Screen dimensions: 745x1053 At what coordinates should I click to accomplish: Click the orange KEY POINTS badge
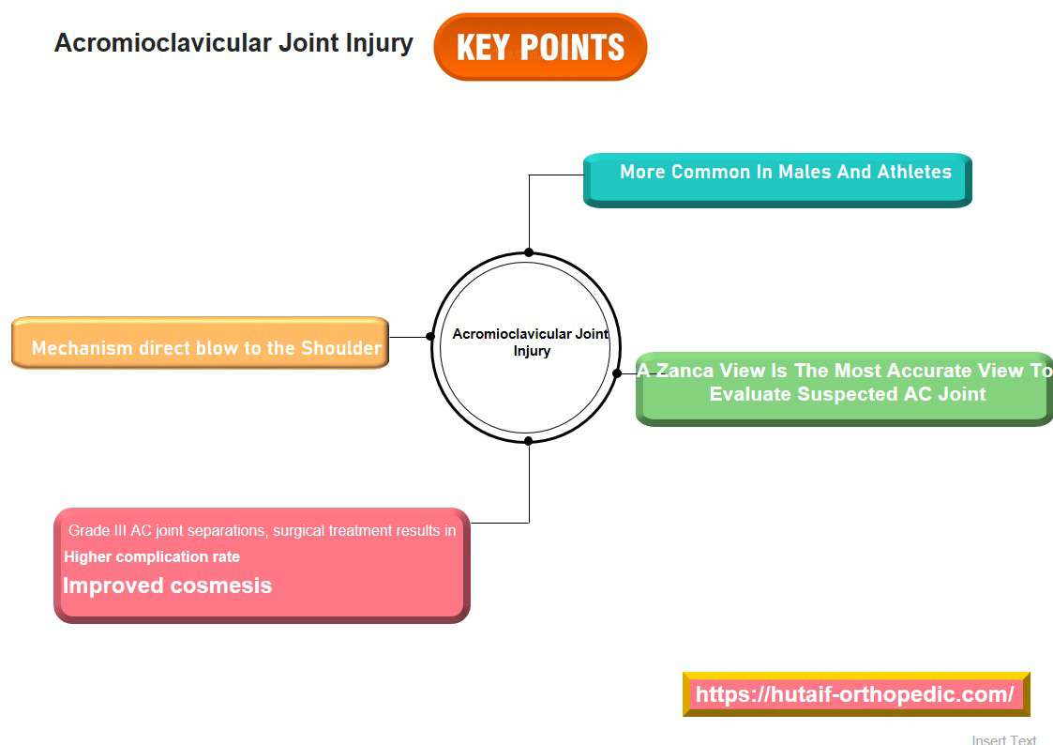[x=540, y=47]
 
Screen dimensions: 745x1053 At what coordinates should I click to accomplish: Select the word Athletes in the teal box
[x=913, y=172]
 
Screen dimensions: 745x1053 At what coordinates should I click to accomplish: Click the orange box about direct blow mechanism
[x=200, y=343]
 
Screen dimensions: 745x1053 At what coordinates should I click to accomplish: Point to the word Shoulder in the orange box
[x=340, y=348]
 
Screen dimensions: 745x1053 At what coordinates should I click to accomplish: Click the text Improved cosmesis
[x=167, y=585]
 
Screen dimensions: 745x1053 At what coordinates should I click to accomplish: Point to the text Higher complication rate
[x=152, y=556]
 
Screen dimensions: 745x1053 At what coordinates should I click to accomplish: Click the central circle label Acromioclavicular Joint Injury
[x=531, y=342]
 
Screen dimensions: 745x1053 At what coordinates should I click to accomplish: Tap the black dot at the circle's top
[x=529, y=252]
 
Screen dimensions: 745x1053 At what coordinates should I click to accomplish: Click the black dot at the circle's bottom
[x=529, y=440]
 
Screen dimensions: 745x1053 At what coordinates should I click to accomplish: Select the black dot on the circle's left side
[x=430, y=336]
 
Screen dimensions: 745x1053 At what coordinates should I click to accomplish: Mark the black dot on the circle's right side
[x=617, y=373]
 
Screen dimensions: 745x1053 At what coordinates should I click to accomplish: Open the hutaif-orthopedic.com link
[x=854, y=694]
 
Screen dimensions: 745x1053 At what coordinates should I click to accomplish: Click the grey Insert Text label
[x=1003, y=739]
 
